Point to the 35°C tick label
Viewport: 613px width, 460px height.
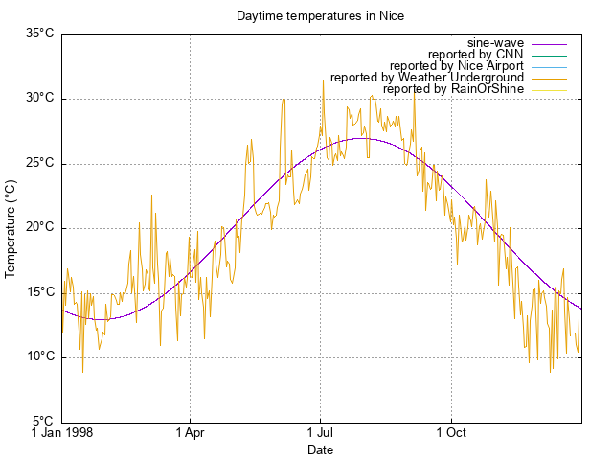tap(39, 34)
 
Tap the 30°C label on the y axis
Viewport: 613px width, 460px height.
tap(39, 98)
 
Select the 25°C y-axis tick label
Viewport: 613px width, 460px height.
tap(39, 163)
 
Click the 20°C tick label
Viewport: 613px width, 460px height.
tap(39, 227)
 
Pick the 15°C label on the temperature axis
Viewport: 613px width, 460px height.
tap(39, 292)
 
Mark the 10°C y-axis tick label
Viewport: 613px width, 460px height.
tap(39, 356)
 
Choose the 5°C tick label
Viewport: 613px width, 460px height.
tap(42, 422)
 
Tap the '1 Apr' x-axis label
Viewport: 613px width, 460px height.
tap(190, 433)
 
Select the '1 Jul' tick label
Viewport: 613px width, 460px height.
tap(320, 433)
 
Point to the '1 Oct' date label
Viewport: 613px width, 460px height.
tap(450, 433)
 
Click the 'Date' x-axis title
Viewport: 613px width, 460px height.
tap(320, 449)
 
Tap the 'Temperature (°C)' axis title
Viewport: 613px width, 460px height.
tap(11, 227)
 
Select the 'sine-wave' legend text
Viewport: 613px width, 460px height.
tap(495, 43)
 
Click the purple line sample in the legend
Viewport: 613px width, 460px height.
tap(549, 43)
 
